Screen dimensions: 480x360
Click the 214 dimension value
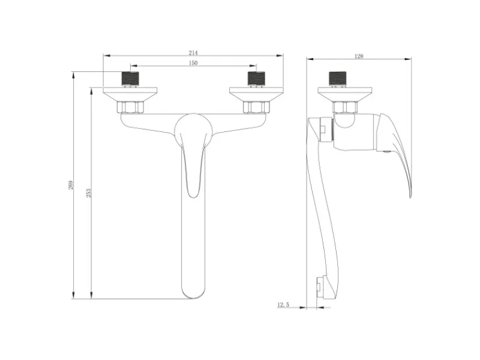[193, 53]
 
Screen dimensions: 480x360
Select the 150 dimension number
[193, 63]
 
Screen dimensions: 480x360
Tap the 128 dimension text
[358, 56]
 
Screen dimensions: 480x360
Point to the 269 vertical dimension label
[71, 185]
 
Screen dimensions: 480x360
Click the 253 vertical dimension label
[88, 193]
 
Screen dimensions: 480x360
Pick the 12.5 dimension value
[283, 305]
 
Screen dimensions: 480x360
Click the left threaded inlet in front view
[130, 79]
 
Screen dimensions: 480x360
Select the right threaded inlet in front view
[256, 79]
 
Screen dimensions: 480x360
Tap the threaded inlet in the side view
[338, 79]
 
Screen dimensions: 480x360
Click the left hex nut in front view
[130, 107]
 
